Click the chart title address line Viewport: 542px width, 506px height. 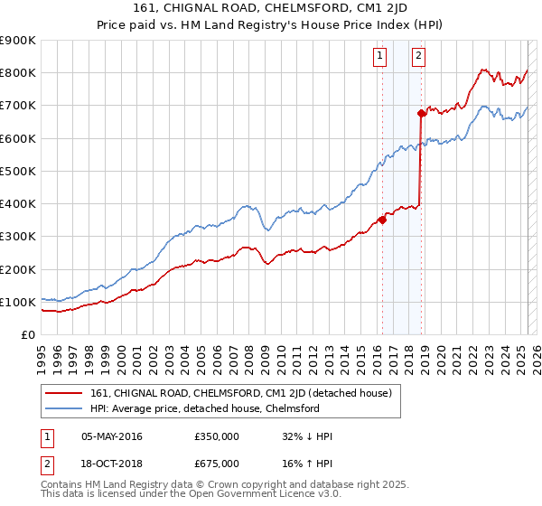click(270, 10)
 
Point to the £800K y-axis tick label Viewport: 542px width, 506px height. click(18, 72)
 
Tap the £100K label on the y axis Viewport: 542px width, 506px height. click(18, 302)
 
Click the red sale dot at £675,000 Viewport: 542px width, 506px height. click(421, 113)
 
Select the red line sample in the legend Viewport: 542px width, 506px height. click(64, 393)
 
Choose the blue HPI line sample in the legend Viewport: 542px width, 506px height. click(64, 408)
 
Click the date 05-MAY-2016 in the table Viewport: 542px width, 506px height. click(111, 436)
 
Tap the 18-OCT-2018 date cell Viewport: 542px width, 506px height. click(111, 463)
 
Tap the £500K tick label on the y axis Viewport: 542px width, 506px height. click(18, 171)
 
